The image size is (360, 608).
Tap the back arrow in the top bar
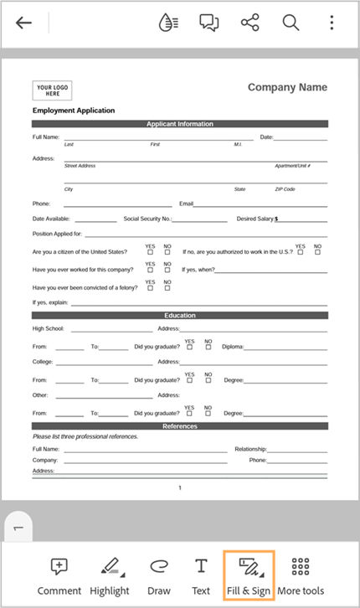23,23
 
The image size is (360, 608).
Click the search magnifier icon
291,23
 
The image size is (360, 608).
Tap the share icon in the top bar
249,23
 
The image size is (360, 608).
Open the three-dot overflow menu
332,23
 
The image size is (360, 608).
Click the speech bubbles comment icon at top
209,23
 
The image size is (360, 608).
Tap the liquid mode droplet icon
168,23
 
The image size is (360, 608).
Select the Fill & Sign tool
248,575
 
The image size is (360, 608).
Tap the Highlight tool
110,575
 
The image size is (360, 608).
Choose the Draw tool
158,575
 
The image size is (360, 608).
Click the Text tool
201,575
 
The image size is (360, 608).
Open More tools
301,575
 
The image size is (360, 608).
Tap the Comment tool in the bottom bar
59,575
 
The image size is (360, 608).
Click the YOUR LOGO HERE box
52,90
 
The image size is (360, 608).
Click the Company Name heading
287,88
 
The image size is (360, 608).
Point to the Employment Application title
74,111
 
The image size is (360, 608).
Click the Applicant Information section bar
180,124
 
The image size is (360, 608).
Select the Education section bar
180,316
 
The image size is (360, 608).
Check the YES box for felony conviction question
151,287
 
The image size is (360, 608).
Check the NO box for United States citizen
167,252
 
